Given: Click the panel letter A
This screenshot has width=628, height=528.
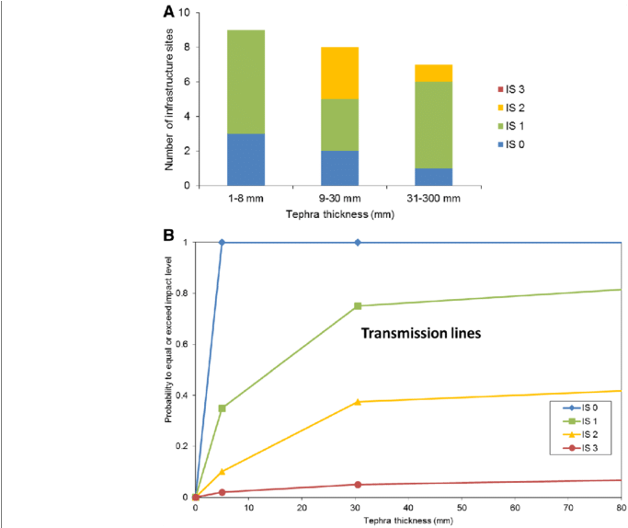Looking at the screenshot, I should pyautogui.click(x=168, y=12).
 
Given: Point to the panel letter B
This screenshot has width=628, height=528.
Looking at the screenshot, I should pyautogui.click(x=168, y=235).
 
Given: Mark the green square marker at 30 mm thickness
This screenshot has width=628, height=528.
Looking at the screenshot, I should pyautogui.click(x=358, y=305).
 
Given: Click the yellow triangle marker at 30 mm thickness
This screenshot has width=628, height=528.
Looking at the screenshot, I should pyautogui.click(x=358, y=401).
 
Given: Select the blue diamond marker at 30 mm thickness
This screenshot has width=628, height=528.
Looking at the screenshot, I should pyautogui.click(x=358, y=242).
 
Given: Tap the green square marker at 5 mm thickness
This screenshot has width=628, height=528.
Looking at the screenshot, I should pyautogui.click(x=223, y=407).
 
